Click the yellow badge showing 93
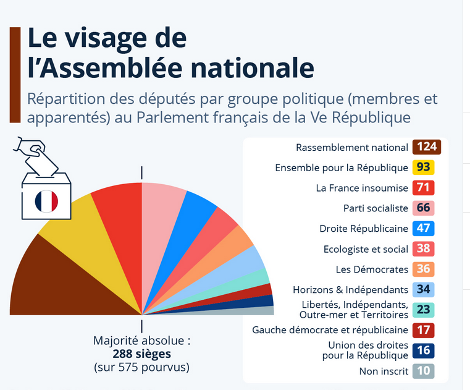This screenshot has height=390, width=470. (x=423, y=167)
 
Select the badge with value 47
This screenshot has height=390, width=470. (x=423, y=228)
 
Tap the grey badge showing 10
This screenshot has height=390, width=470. (x=423, y=371)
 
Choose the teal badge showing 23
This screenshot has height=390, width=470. (x=423, y=310)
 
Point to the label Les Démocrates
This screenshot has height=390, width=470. (x=372, y=269)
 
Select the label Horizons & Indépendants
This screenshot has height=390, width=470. (x=350, y=289)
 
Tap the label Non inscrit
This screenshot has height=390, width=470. (x=384, y=371)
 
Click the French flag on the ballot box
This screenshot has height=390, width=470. (x=46, y=200)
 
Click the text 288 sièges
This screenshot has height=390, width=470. (x=141, y=354)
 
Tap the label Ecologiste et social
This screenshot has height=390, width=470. (x=366, y=249)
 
